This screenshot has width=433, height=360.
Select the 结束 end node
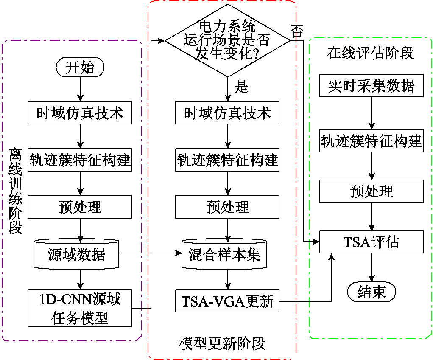pyautogui.click(x=371, y=292)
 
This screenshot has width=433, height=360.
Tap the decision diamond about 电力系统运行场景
pyautogui.click(x=228, y=41)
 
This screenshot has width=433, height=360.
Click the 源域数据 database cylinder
pyautogui.click(x=77, y=255)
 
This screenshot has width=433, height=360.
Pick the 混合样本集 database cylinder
pyautogui.click(x=224, y=255)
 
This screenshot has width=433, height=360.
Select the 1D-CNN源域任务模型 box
pyautogui.click(x=80, y=308)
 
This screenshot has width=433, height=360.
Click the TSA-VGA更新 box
pyautogui.click(x=228, y=302)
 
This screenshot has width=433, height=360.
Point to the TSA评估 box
pyautogui.click(x=371, y=242)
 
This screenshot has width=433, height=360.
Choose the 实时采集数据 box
pyautogui.click(x=371, y=86)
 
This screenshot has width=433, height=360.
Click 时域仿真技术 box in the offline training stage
pyautogui.click(x=80, y=113)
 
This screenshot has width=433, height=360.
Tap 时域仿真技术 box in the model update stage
pyautogui.click(x=228, y=113)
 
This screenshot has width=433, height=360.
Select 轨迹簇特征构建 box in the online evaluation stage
pyautogui.click(x=371, y=141)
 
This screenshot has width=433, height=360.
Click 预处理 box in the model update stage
pyautogui.click(x=228, y=207)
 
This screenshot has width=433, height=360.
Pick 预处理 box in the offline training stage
pyautogui.click(x=80, y=207)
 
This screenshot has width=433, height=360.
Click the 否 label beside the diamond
pyautogui.click(x=297, y=31)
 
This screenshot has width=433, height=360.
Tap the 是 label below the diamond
pyautogui.click(x=241, y=87)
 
